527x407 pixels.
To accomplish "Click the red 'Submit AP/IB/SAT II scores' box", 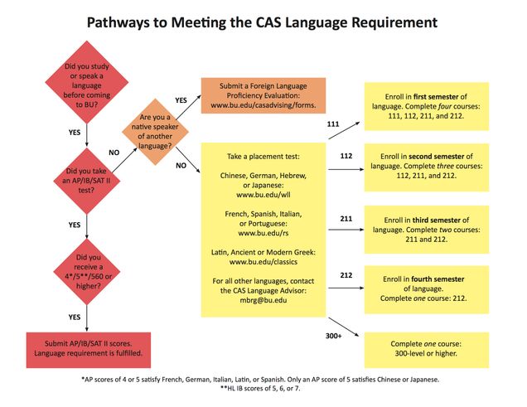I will pyautogui.click(x=87, y=347).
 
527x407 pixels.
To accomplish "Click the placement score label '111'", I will pyautogui.click(x=335, y=124).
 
